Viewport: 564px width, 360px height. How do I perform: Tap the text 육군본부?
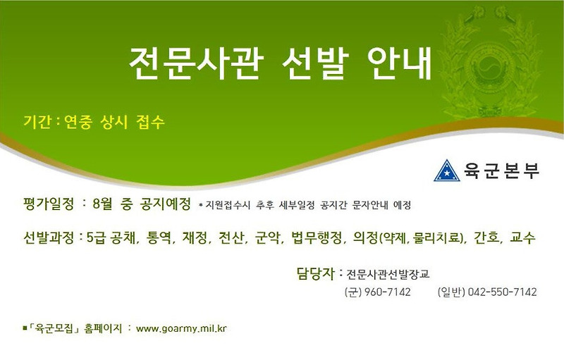click(501, 170)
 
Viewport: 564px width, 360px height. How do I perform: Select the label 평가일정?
click(48, 204)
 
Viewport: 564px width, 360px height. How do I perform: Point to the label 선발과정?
click(48, 237)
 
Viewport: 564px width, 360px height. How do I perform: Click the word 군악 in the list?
click(265, 237)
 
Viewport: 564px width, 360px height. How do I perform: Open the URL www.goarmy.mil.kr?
click(181, 328)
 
